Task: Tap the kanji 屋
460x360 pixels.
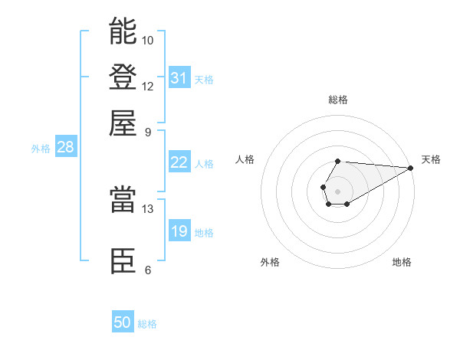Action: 123,123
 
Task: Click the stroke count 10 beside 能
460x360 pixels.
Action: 148,40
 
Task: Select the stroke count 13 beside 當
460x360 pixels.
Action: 148,208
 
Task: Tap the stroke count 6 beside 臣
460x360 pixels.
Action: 148,270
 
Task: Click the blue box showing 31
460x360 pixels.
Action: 179,77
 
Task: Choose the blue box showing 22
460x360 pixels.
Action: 179,162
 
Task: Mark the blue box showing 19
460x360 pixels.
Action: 179,231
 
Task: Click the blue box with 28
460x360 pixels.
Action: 65,148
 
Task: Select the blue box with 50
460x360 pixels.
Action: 123,322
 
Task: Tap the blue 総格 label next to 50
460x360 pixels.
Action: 147,324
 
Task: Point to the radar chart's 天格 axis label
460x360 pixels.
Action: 431,159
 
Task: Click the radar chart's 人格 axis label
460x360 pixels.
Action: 245,159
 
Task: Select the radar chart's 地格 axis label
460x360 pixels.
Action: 402,262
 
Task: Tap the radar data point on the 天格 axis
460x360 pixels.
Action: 411,168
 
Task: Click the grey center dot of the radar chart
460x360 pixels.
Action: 337,191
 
